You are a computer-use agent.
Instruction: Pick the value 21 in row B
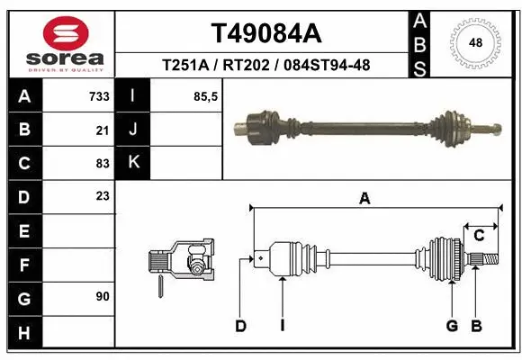[x=102, y=130]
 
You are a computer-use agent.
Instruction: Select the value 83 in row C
[x=102, y=163]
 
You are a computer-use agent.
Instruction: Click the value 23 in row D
[x=102, y=196]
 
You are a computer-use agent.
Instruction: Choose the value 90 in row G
[x=102, y=296]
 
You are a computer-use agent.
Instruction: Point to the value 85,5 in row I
[x=206, y=96]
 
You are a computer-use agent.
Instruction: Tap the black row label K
[x=133, y=163]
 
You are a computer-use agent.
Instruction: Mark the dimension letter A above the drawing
[x=364, y=199]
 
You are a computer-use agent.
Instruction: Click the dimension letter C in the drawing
[x=480, y=236]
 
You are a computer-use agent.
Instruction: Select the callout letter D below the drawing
[x=240, y=326]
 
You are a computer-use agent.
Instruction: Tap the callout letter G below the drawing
[x=452, y=326]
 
